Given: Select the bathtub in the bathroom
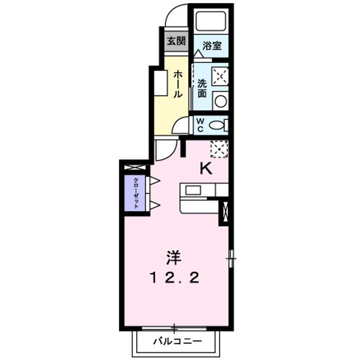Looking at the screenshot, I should click(x=210, y=21).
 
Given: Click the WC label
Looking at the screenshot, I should click(x=199, y=125).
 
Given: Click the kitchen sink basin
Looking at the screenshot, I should click(x=193, y=190).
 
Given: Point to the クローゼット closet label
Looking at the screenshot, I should click(x=135, y=192).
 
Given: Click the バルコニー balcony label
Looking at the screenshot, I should click(x=177, y=342).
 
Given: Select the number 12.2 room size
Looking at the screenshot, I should click(x=175, y=277).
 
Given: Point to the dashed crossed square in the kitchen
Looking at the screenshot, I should click(x=219, y=148).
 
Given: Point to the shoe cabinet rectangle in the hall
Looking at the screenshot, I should click(x=161, y=83).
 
